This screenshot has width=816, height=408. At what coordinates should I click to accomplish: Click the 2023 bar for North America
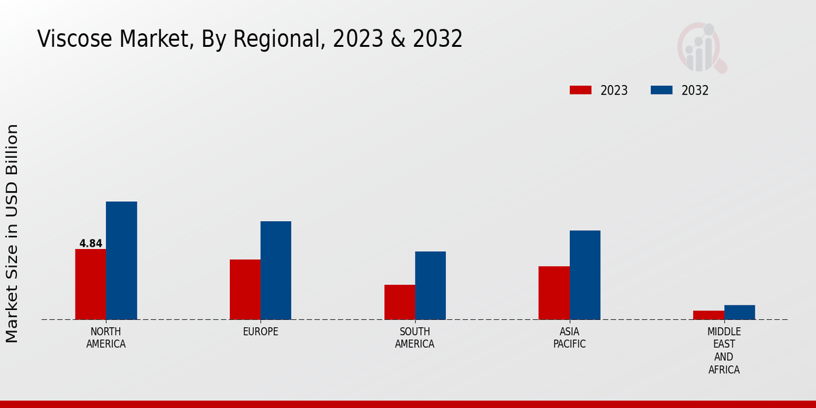point(90,284)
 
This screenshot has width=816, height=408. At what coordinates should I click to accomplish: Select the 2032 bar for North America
point(121,260)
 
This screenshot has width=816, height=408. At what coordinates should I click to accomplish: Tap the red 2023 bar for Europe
point(245,290)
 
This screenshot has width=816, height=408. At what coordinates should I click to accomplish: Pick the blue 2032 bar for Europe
point(275,270)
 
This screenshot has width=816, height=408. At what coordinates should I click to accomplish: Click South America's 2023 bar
point(399,302)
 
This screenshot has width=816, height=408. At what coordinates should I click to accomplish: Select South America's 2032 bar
point(430,286)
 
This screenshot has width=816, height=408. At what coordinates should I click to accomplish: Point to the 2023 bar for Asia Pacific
point(554,293)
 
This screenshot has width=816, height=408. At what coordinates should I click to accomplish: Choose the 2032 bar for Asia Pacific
point(585,275)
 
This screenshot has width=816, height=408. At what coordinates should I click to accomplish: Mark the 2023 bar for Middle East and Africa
point(709,315)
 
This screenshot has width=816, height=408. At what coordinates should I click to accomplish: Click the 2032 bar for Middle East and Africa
point(739,312)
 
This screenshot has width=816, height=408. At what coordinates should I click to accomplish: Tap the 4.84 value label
point(90,243)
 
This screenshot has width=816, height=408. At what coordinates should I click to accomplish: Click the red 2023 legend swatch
point(581,90)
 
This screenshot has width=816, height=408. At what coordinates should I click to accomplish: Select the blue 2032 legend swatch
point(662,90)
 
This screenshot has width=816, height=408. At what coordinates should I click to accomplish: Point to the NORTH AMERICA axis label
point(106,337)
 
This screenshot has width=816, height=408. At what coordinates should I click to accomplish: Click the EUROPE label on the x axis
point(260,331)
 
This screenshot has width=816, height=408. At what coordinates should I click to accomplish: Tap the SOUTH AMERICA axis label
point(415,337)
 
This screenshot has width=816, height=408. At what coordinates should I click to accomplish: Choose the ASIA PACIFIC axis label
point(569,337)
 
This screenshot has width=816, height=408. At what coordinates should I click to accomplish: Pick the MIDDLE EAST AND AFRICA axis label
point(724,350)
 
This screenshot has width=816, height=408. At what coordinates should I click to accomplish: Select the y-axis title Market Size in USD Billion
point(12,233)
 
